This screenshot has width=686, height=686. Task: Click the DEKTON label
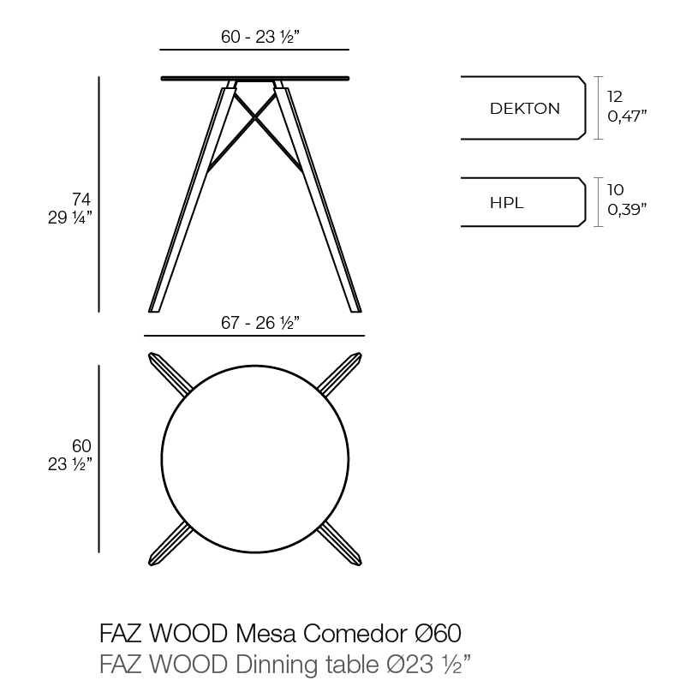[524, 109]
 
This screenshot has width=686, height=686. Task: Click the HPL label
[507, 203]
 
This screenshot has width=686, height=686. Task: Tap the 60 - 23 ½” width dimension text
[259, 37]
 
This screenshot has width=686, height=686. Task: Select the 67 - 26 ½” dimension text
[259, 323]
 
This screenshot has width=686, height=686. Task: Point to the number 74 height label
[81, 199]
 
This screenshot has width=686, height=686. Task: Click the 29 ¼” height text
[70, 218]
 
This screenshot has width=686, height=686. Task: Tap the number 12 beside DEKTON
[615, 96]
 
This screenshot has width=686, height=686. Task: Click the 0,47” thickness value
[627, 116]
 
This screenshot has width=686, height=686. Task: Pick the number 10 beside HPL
[615, 190]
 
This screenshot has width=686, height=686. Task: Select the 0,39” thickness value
[627, 210]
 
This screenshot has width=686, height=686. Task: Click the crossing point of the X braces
[254, 116]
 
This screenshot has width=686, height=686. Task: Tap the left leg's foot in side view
[153, 310]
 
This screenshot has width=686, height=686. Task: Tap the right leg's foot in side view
[356, 310]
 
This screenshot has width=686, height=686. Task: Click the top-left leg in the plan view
[170, 373]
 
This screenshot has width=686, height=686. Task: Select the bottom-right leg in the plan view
[339, 544]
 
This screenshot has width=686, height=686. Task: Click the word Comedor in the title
[355, 633]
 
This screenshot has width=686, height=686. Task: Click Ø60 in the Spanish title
[438, 633]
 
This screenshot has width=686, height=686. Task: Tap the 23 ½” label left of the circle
[70, 464]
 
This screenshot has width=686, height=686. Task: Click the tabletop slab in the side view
[255, 79]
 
